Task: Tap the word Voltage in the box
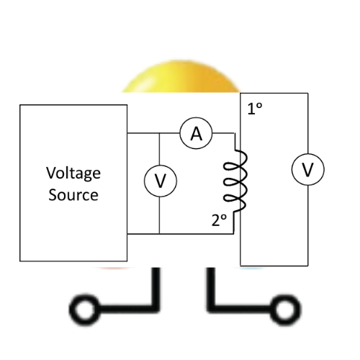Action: (x=73, y=174)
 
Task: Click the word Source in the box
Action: (x=73, y=194)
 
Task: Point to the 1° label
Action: (x=255, y=109)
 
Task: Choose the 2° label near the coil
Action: (x=219, y=220)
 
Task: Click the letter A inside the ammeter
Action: (x=197, y=134)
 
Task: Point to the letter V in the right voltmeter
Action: (x=308, y=170)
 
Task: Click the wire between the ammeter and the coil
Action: (x=223, y=132)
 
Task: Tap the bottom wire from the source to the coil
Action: (x=180, y=233)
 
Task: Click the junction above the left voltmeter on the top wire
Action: (x=159, y=133)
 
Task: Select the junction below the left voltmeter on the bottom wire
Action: (x=159, y=233)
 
